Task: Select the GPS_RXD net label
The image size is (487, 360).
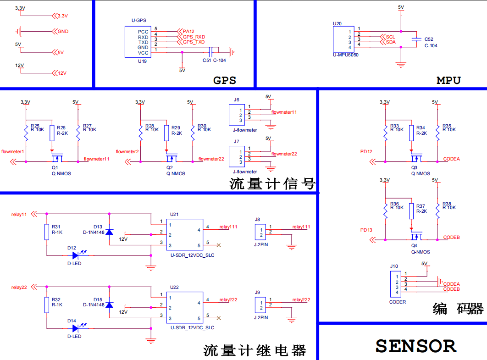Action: pyautogui.click(x=194, y=37)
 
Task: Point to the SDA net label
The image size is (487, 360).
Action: pyautogui.click(x=391, y=42)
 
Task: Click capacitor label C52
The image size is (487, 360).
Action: pyautogui.click(x=429, y=39)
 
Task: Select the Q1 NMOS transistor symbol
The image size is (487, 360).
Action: pyautogui.click(x=57, y=159)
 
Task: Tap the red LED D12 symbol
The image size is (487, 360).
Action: pyautogui.click(x=75, y=255)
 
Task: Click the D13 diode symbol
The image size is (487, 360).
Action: pyautogui.click(x=109, y=232)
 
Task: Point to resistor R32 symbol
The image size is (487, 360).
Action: pyautogui.click(x=46, y=305)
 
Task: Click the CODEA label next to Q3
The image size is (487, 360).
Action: pyautogui.click(x=451, y=159)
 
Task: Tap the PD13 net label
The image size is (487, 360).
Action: pyautogui.click(x=366, y=230)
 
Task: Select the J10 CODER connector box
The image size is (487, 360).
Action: pyautogui.click(x=394, y=284)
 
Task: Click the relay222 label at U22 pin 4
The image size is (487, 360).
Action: pyautogui.click(x=228, y=299)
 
